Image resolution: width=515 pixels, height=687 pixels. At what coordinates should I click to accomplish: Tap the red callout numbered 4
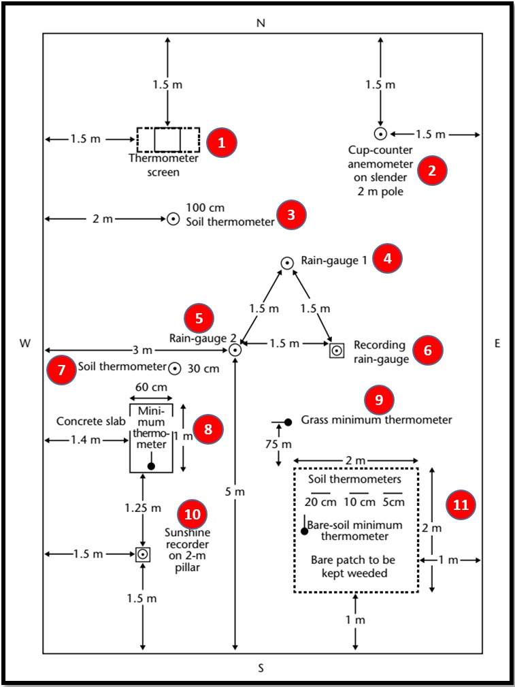click(388, 258)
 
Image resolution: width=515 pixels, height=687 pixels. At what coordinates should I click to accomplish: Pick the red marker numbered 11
click(461, 505)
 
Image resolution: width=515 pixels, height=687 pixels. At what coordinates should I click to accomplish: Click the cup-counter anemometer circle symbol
click(381, 134)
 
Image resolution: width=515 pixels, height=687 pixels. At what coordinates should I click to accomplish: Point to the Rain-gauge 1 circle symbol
click(288, 262)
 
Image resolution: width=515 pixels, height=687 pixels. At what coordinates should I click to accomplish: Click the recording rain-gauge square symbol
click(336, 351)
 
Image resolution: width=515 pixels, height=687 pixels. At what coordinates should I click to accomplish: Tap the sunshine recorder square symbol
click(142, 554)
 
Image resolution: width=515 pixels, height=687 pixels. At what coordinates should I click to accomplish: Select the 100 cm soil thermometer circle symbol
click(173, 219)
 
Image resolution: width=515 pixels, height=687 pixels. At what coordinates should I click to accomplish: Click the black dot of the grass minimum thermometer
click(288, 422)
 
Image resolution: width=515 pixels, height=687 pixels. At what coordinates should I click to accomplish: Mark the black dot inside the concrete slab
click(151, 466)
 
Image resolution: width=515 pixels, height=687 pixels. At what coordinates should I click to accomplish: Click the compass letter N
click(261, 23)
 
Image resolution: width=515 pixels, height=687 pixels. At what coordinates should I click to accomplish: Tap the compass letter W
click(25, 344)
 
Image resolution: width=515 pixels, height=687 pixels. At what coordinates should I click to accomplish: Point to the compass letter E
click(497, 344)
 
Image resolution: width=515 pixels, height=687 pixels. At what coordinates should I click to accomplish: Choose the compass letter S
click(261, 668)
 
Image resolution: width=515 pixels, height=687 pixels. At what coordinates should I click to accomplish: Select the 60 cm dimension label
click(151, 386)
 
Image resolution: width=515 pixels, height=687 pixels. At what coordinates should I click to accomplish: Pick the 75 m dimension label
click(278, 444)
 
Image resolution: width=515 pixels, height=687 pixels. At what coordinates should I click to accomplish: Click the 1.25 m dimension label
click(142, 508)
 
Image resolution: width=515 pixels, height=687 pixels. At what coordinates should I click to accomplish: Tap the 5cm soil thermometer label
click(393, 502)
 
